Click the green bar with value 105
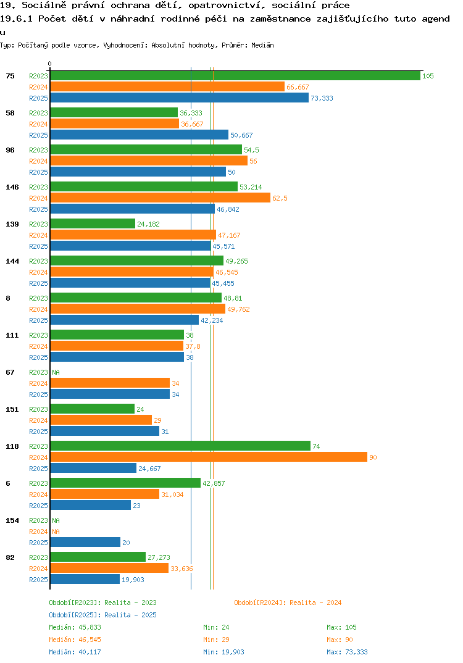click(235, 76)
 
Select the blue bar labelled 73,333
click(179, 98)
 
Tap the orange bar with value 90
click(209, 457)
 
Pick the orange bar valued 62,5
click(161, 198)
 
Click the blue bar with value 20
click(85, 543)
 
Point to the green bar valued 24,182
click(93, 223)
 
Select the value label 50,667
click(241, 135)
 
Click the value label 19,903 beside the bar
click(133, 580)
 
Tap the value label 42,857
click(214, 483)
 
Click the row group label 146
click(12, 187)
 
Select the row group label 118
click(12, 446)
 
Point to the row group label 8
click(8, 298)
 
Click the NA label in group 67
click(56, 372)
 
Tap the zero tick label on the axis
click(49, 64)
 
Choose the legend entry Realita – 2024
click(288, 603)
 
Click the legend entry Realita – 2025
click(102, 615)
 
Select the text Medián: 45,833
click(75, 627)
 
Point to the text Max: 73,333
click(347, 652)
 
